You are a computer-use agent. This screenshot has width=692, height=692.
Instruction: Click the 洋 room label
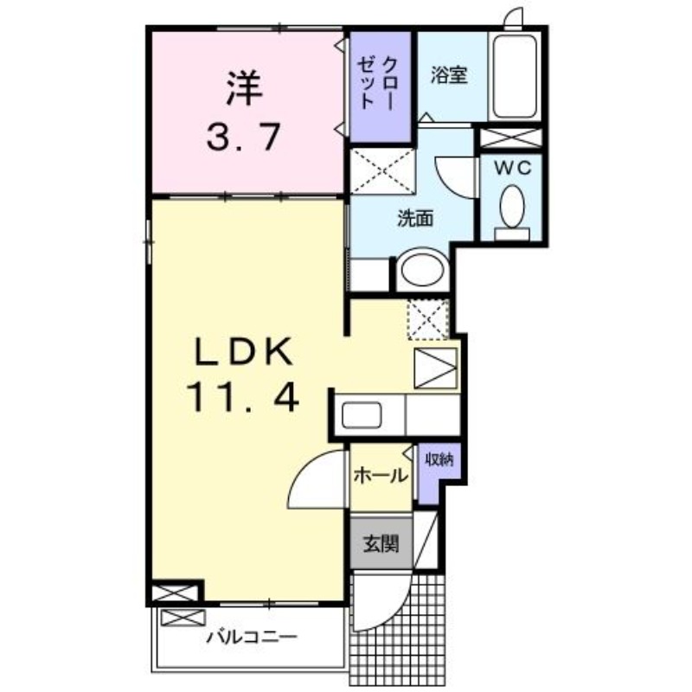pyautogui.click(x=245, y=87)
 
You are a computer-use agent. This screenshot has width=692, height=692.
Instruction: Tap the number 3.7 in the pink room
pyautogui.click(x=244, y=135)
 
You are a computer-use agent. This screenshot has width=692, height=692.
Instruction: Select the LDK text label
pyautogui.click(x=245, y=353)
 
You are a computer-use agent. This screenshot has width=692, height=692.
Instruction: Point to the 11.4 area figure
pyautogui.click(x=244, y=398)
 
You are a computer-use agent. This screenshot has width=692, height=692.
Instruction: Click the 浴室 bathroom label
pyautogui.click(x=449, y=75)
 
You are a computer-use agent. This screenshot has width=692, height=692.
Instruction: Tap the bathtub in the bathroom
pyautogui.click(x=516, y=77)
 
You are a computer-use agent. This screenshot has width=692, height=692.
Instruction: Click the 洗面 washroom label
pyautogui.click(x=414, y=219)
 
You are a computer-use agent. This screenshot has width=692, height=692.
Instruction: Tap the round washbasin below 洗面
pyautogui.click(x=422, y=271)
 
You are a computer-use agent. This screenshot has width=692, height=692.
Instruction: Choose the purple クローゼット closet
pyautogui.click(x=379, y=84)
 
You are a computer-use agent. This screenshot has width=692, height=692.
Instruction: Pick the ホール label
pyautogui.click(x=380, y=475)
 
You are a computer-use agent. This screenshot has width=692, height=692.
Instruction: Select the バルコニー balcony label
pyautogui.click(x=252, y=638)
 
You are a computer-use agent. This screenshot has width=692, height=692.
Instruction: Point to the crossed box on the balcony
pyautogui.click(x=179, y=618)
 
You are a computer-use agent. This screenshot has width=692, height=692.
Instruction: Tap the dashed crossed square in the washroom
pyautogui.click(x=382, y=169)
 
